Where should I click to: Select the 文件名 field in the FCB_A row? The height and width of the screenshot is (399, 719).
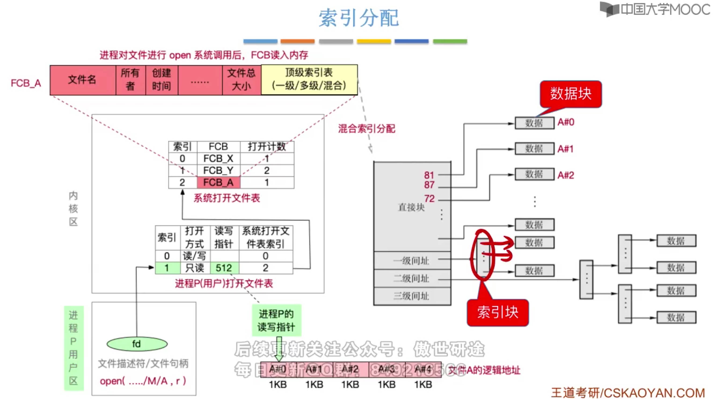83,80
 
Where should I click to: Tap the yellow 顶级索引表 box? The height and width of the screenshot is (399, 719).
309,80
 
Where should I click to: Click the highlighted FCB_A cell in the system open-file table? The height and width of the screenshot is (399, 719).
218,182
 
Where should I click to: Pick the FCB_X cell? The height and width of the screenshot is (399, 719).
218,159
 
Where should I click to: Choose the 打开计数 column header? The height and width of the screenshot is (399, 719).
266,146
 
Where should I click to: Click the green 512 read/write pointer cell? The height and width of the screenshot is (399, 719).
224,268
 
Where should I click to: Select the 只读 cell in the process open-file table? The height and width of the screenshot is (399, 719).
195,268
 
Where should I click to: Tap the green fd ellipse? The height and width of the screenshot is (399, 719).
137,344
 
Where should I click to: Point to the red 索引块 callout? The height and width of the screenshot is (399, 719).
498,312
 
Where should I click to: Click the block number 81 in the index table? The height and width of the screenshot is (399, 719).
429,175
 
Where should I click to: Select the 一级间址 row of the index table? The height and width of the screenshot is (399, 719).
412,261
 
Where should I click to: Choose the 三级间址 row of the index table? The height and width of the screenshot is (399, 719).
412,296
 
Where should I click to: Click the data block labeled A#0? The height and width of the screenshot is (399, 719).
534,123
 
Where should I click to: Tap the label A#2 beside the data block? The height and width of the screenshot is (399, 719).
566,175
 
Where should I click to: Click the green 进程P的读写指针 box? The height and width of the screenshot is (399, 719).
276,320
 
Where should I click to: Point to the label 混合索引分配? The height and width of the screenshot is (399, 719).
366,129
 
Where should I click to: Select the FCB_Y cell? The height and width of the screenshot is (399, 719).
218,170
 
